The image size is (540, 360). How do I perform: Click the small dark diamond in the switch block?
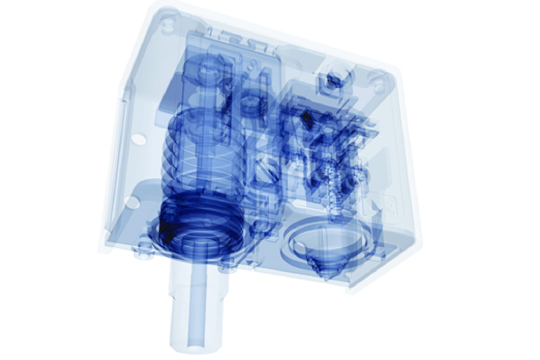coord(305,117)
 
